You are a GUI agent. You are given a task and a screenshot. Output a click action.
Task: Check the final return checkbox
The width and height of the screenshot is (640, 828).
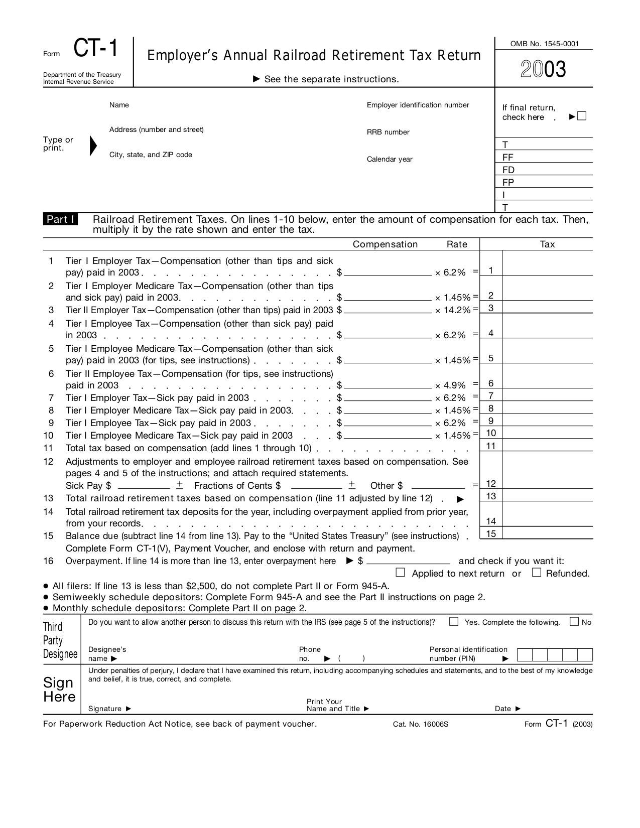582,116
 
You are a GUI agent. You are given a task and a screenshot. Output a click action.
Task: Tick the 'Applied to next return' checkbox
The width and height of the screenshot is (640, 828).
400,573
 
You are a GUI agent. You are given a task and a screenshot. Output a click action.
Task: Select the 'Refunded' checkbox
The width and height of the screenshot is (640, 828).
537,573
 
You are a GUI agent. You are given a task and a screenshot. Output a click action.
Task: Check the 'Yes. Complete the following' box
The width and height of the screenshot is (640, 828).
454,622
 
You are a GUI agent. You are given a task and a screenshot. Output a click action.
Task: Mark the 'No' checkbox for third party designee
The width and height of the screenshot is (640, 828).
574,622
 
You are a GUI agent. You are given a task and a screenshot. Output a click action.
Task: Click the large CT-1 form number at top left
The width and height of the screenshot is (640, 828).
96,49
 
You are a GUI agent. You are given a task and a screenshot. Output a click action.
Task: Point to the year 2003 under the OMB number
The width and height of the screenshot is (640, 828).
543,69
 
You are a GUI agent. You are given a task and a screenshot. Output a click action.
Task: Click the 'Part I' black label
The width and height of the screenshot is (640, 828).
60,219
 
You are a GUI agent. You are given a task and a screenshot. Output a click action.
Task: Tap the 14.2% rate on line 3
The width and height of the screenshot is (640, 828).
457,310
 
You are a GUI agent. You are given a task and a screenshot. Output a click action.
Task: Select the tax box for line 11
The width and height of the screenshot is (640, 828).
547,445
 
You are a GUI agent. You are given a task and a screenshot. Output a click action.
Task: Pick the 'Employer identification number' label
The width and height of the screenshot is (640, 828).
418,105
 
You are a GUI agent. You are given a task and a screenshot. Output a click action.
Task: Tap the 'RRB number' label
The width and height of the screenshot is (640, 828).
388,132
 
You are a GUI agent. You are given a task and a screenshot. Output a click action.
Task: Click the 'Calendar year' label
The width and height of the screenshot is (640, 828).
390,159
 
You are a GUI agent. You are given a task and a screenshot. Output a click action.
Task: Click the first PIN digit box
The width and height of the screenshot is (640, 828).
525,655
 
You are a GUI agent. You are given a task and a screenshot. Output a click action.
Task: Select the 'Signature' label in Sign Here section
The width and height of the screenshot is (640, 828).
105,709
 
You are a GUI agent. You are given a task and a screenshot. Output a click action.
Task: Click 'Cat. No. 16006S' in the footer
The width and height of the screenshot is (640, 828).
421,724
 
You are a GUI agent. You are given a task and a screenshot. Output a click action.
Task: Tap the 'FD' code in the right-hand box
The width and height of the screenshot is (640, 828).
508,170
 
